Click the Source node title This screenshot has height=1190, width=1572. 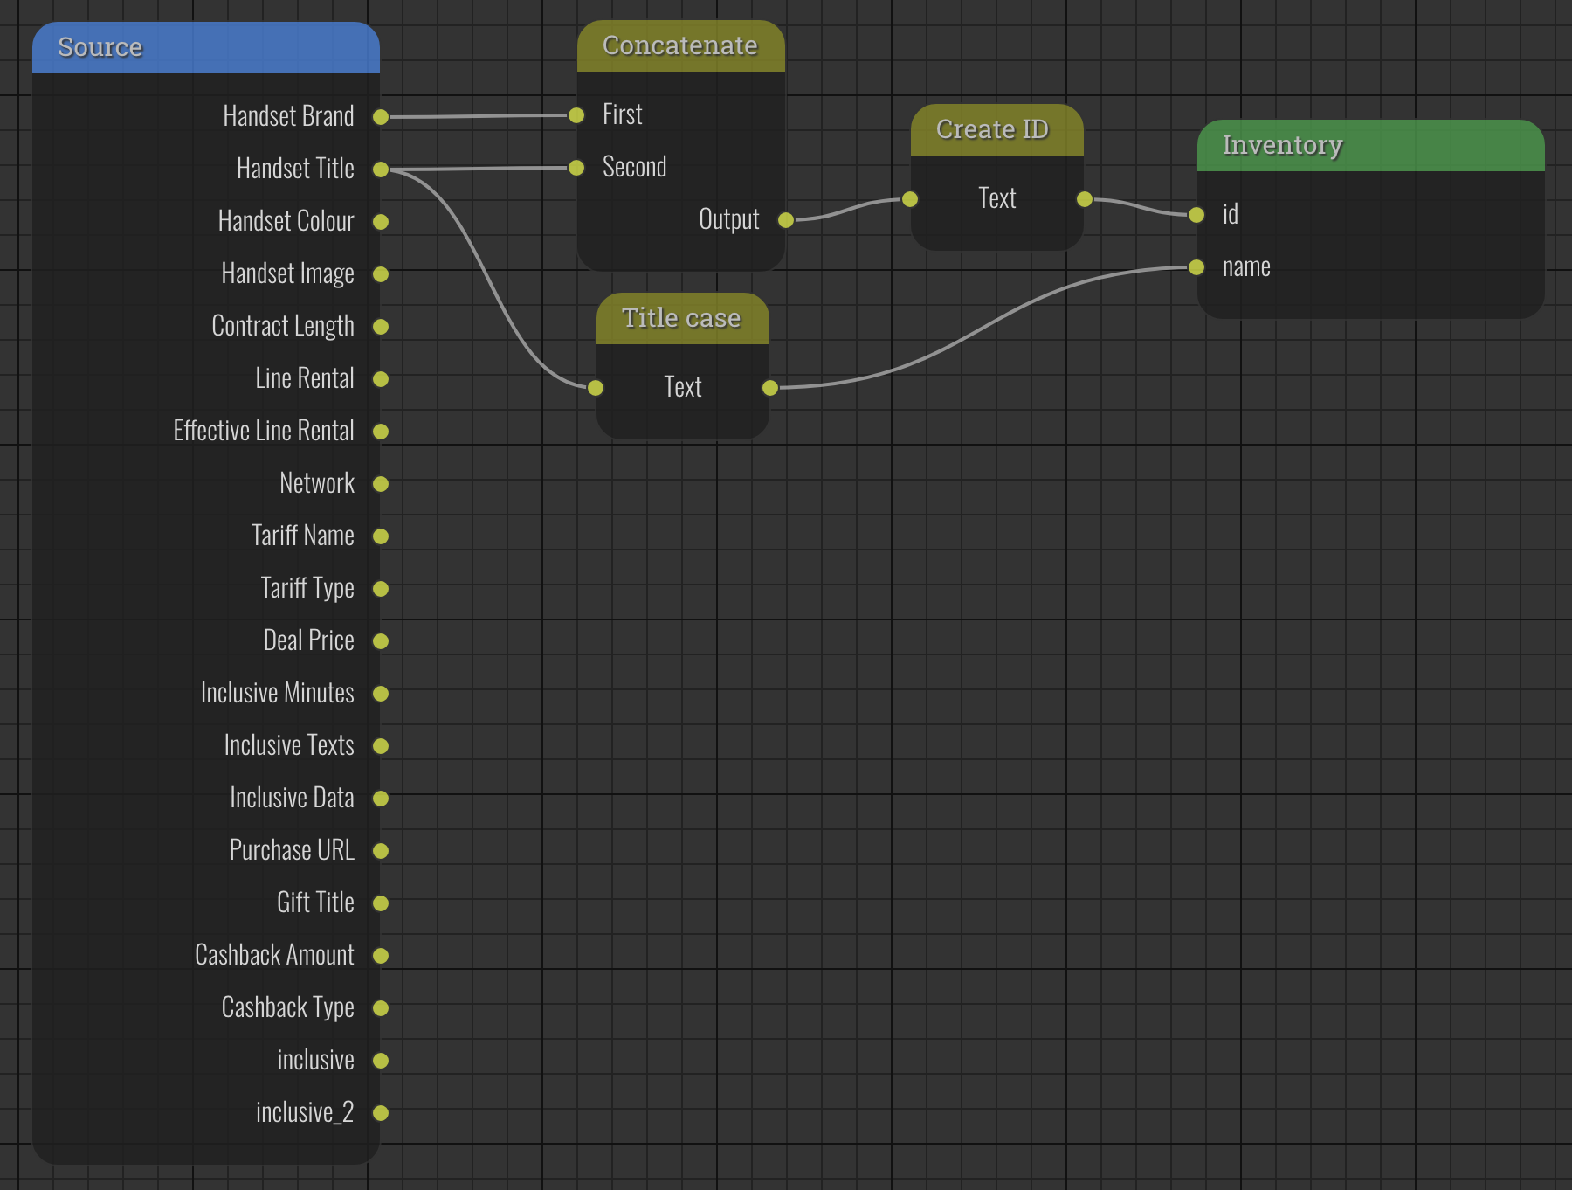(100, 47)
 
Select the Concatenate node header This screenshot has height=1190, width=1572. (679, 45)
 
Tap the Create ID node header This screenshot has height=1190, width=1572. (992, 129)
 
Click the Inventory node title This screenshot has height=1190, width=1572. (1282, 145)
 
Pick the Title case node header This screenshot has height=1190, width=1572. (681, 318)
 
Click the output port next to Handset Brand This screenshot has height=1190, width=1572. (381, 117)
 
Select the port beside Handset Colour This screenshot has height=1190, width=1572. (381, 222)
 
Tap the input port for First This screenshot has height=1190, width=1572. (576, 115)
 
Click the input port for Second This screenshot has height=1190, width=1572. (576, 168)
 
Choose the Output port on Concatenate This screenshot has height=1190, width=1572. (786, 220)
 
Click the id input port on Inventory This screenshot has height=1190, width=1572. (1196, 215)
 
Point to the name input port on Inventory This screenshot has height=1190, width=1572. (1196, 267)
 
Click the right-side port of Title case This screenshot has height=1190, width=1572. (770, 388)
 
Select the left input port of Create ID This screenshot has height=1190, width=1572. (910, 199)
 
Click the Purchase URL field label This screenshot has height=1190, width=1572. (292, 850)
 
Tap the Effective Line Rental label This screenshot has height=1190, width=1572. (264, 431)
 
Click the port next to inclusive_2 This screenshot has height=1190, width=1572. (381, 1113)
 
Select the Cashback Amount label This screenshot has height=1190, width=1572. (274, 955)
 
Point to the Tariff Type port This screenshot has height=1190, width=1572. (381, 589)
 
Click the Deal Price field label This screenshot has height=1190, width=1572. (308, 640)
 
